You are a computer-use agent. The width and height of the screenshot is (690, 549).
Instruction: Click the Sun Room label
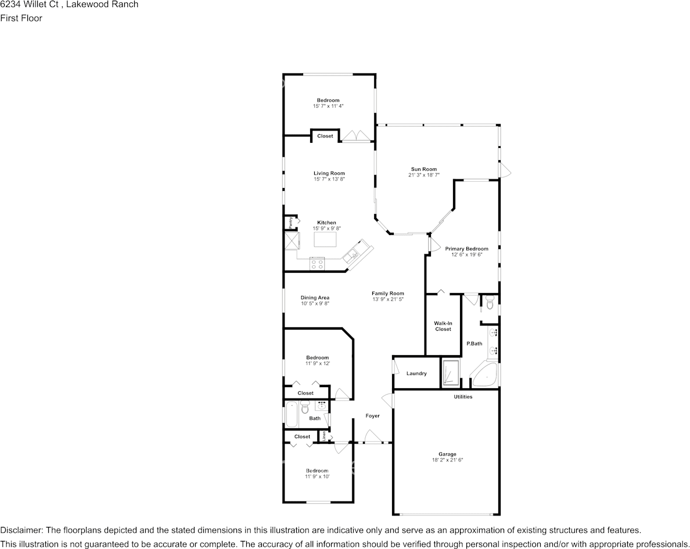coord(423,169)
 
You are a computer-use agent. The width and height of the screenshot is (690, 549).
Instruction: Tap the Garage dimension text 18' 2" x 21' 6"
coord(447,460)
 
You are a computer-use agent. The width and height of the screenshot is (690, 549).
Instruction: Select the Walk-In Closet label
coord(443,326)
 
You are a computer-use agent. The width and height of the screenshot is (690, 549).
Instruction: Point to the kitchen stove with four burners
coord(317,263)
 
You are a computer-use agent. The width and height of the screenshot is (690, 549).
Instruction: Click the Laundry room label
coord(416,373)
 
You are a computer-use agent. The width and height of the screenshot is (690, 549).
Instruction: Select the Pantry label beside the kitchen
coord(291,222)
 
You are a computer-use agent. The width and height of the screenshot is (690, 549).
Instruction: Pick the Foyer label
coord(372,416)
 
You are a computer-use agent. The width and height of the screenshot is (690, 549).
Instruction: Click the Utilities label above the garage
coord(463,397)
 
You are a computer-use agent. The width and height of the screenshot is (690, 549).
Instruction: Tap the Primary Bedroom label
coord(466,248)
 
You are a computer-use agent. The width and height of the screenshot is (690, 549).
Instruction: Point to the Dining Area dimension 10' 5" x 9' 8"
coord(315,304)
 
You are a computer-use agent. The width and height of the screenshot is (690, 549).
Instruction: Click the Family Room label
coord(387,293)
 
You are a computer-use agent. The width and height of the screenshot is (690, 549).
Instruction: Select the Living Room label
coord(329,173)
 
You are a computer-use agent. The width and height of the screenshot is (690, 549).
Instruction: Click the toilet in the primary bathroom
coord(490,302)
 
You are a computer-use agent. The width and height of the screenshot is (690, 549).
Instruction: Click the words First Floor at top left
coord(21,18)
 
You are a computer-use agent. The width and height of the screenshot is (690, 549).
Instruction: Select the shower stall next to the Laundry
coord(450,373)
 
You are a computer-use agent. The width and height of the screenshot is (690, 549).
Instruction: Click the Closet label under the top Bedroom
coord(325,136)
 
